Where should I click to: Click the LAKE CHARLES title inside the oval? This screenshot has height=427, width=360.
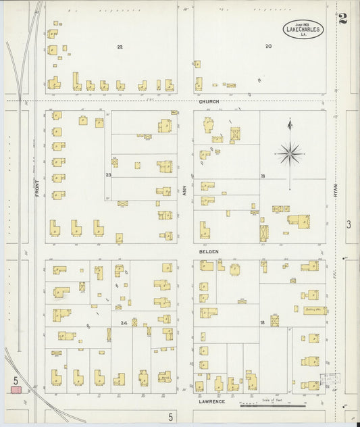pyautogui.click(x=303, y=30)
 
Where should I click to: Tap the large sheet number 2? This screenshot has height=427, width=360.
pyautogui.click(x=344, y=18)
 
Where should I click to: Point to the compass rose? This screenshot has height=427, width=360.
pyautogui.click(x=290, y=154)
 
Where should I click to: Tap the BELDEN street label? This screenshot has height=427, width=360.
pyautogui.click(x=206, y=251)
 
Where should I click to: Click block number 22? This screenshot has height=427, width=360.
pyautogui.click(x=120, y=47)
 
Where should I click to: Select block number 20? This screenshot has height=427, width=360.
pyautogui.click(x=268, y=47)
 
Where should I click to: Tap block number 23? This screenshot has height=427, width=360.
pyautogui.click(x=108, y=175)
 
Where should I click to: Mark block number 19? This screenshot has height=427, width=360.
pyautogui.click(x=263, y=176)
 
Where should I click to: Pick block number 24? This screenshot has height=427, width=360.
pyautogui.click(x=124, y=323)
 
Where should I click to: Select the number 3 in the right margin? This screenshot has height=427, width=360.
pyautogui.click(x=349, y=224)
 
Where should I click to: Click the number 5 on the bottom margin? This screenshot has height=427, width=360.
pyautogui.click(x=171, y=418)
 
